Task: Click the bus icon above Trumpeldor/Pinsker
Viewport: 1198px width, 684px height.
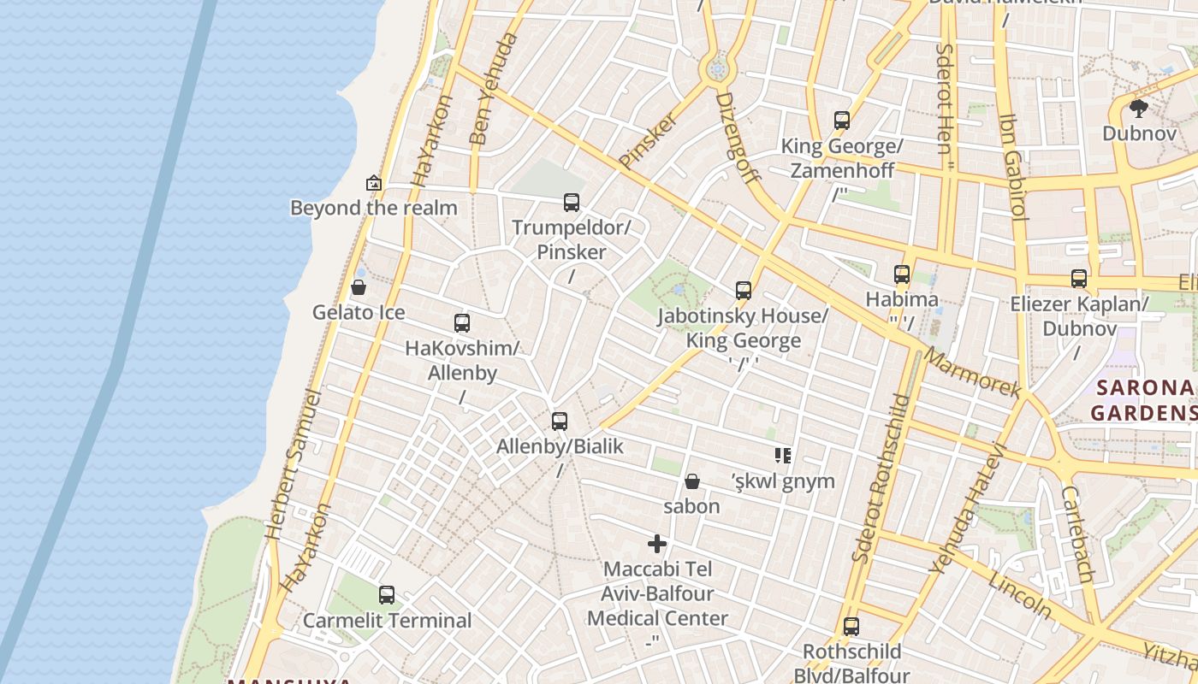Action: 572,203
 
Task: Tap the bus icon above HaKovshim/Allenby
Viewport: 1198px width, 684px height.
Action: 462,323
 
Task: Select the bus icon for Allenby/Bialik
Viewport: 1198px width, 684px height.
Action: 560,421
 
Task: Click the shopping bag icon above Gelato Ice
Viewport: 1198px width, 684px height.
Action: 359,287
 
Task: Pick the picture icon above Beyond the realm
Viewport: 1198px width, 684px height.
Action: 373,183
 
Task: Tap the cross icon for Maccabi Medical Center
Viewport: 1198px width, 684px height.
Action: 657,544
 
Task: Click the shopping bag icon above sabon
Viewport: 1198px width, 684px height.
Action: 692,481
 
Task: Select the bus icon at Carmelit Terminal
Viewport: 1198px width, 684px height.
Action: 387,595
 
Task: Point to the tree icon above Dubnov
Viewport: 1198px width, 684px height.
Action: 1138,109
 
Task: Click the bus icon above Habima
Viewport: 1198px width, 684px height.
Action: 902,274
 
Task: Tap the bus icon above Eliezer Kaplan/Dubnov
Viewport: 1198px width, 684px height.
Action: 1079,279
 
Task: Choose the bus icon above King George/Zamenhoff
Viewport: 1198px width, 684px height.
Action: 842,121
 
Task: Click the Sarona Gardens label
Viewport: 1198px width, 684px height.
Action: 1145,400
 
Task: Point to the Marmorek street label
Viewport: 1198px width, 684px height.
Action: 974,374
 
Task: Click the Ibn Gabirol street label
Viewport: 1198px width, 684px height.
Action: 1012,167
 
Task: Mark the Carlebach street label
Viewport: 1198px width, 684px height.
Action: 1077,535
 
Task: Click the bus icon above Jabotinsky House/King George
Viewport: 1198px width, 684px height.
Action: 744,291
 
